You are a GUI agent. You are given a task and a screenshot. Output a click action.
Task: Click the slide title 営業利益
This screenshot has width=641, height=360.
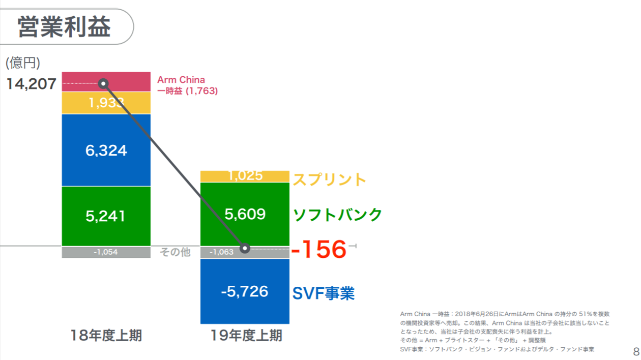click(64, 27)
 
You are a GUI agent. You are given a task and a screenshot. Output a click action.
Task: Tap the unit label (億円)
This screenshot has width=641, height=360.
click(23, 63)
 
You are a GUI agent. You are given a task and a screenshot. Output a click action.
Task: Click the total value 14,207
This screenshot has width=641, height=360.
click(31, 84)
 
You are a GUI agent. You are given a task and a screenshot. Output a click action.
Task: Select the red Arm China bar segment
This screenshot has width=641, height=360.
click(127, 81)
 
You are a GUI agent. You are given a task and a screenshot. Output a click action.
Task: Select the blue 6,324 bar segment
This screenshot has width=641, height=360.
click(106, 150)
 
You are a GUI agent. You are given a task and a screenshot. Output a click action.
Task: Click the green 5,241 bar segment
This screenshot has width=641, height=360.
click(106, 216)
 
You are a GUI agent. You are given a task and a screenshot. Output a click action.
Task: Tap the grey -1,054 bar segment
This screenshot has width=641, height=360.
click(106, 252)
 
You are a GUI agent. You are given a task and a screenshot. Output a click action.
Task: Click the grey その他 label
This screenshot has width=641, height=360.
click(175, 252)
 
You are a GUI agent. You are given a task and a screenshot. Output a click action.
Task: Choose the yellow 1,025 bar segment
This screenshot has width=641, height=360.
click(245, 176)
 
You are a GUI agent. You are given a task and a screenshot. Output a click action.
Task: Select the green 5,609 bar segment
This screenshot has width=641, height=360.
click(245, 214)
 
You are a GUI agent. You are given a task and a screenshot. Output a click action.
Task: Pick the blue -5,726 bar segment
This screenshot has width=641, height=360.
click(245, 291)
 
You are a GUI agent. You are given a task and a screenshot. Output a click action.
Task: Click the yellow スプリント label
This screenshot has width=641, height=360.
click(329, 179)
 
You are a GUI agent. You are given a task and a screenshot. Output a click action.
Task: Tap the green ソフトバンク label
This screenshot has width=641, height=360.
click(337, 215)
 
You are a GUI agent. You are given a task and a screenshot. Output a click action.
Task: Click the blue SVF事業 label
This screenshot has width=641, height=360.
click(324, 293)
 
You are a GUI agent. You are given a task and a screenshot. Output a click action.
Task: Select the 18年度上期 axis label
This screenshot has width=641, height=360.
click(106, 336)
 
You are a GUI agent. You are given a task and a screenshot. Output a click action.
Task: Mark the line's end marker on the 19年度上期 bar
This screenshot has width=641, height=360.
click(245, 248)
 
